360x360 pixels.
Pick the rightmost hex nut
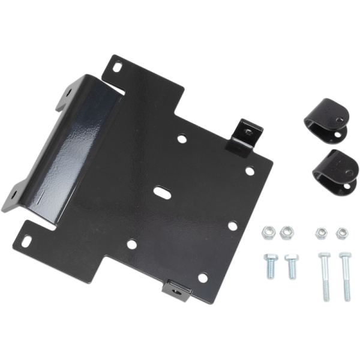[x=341, y=232]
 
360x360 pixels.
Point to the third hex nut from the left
[x=322, y=232]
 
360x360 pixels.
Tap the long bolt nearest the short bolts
[x=324, y=276]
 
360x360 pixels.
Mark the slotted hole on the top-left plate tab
[x=118, y=65]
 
